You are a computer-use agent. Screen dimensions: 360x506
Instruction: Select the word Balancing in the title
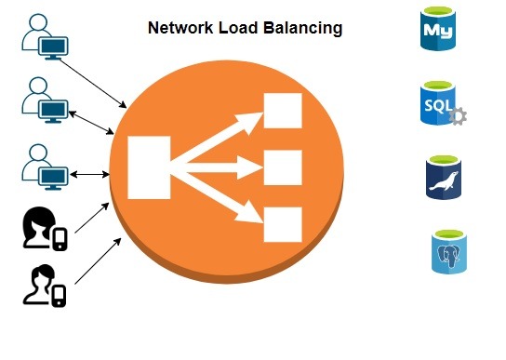coord(303,28)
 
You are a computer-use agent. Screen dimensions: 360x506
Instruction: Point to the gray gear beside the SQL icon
coord(458,117)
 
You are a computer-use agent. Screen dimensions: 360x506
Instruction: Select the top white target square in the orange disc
coord(283,112)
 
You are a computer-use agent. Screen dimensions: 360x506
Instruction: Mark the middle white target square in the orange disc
coord(283,168)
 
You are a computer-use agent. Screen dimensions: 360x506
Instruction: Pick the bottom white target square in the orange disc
coord(283,225)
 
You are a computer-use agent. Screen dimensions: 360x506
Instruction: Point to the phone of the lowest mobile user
coord(59,295)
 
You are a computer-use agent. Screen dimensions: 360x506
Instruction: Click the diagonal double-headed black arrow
coord(90,119)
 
